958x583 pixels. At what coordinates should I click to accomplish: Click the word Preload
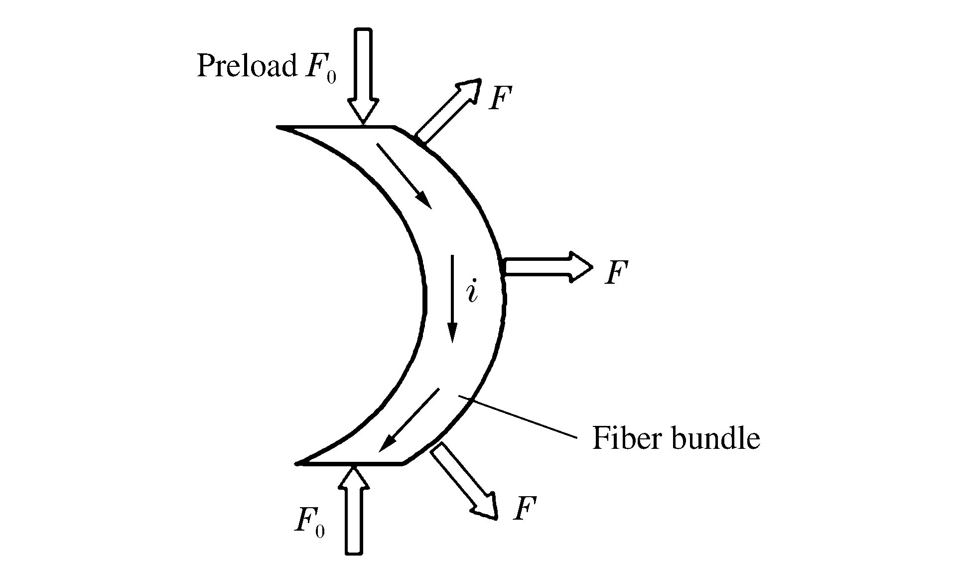pyautogui.click(x=246, y=66)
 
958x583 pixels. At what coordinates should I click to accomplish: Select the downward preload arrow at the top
pyautogui.click(x=363, y=75)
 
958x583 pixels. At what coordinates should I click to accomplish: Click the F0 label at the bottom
pyautogui.click(x=309, y=523)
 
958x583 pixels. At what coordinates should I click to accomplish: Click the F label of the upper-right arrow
pyautogui.click(x=500, y=98)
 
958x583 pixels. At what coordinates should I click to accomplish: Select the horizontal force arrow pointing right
pyautogui.click(x=548, y=267)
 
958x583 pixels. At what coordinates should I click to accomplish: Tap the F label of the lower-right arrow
pyautogui.click(x=524, y=509)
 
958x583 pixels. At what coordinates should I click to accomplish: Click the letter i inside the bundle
pyautogui.click(x=472, y=292)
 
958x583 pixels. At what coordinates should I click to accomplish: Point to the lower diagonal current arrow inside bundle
pyautogui.click(x=409, y=420)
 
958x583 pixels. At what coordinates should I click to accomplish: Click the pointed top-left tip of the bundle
pyautogui.click(x=279, y=127)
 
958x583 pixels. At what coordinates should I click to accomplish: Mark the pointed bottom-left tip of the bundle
pyautogui.click(x=297, y=463)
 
